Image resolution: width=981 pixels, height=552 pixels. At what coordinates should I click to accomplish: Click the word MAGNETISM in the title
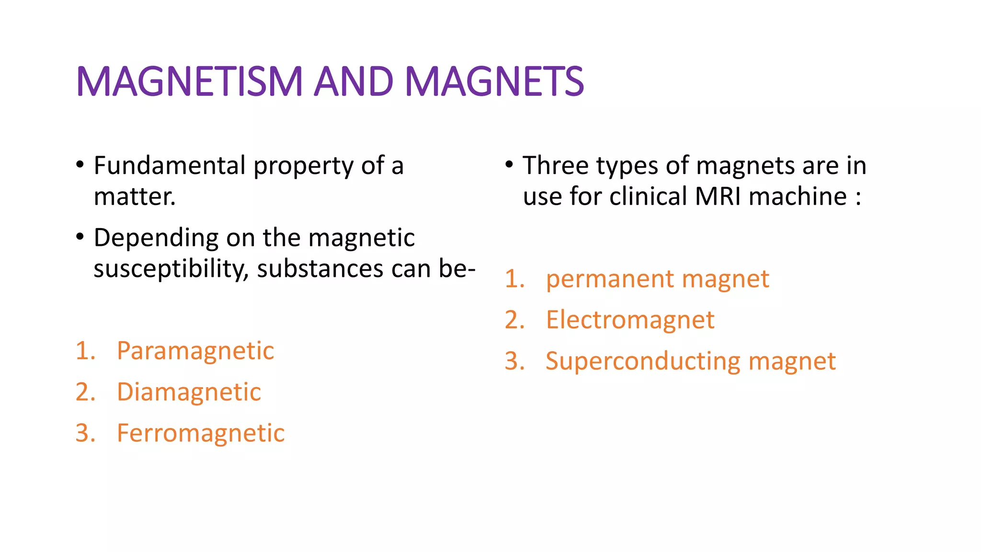(189, 81)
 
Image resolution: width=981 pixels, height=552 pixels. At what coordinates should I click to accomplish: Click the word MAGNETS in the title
(494, 81)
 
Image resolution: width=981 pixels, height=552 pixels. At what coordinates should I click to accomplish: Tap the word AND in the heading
(354, 81)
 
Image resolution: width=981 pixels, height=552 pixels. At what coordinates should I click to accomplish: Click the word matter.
(135, 197)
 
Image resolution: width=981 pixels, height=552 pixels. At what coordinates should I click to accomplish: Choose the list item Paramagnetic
(195, 351)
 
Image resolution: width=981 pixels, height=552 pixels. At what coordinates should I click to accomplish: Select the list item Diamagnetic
(189, 392)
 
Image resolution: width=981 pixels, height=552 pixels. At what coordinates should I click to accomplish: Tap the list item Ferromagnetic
(201, 433)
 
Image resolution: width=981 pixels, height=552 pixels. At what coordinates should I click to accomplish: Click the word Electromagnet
(630, 320)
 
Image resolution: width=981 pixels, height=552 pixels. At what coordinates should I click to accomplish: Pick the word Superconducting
(643, 361)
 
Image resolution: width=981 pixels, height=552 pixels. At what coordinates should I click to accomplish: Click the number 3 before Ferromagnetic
(84, 433)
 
